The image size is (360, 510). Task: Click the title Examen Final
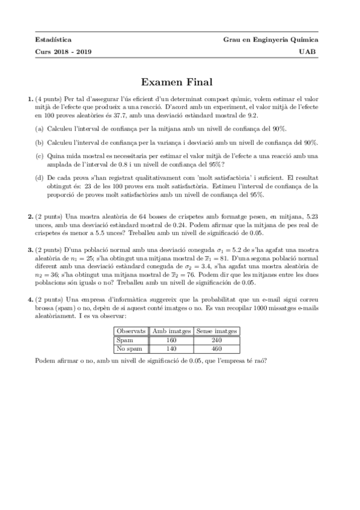click(180, 81)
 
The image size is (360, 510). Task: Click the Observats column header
click(131, 331)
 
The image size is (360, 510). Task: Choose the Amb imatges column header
click(171, 331)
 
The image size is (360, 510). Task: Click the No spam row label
click(129, 348)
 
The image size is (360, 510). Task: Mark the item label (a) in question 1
click(39, 129)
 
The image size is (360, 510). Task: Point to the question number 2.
click(30, 215)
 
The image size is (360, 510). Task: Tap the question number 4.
click(30, 299)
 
